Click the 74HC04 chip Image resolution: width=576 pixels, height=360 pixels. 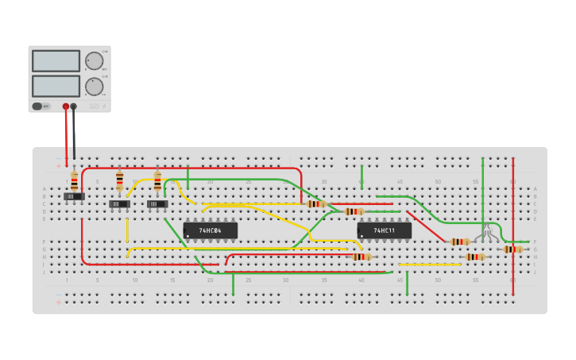point(210,230)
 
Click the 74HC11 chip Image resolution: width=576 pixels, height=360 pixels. point(385,230)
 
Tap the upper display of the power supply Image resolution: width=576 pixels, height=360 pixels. point(56,61)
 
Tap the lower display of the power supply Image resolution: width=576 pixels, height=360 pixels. point(56,86)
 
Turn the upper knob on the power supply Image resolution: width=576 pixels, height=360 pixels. point(94,61)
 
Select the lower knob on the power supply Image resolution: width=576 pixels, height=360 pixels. point(94,86)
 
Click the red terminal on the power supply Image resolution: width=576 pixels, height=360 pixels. point(66,106)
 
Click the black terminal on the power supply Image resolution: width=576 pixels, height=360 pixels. point(74,106)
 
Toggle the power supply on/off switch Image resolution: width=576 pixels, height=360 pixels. point(37,106)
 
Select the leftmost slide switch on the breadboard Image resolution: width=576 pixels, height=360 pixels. point(74,196)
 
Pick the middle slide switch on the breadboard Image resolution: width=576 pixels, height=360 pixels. point(119,204)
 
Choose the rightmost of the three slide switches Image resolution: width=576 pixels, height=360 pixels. point(157,204)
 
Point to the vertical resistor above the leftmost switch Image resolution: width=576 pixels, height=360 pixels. point(75,180)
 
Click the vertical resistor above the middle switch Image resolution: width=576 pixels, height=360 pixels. point(120,181)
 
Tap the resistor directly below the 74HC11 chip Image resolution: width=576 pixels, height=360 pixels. point(361,257)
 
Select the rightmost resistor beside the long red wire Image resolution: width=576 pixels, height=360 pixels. point(512,249)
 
